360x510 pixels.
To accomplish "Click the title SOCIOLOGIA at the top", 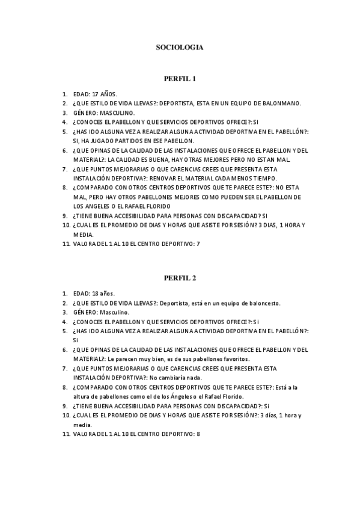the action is [x=180, y=46].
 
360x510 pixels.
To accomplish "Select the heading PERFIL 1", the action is [x=180, y=79].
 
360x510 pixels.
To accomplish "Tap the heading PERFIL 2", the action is [x=180, y=278].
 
